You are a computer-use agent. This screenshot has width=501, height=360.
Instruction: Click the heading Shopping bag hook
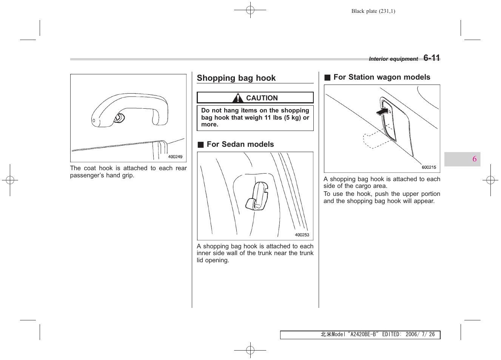pyautogui.click(x=236, y=78)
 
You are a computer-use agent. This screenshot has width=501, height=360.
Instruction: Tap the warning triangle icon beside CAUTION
pyautogui.click(x=237, y=98)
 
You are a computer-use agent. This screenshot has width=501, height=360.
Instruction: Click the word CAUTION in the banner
pyautogui.click(x=262, y=98)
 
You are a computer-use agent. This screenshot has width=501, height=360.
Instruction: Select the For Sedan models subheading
pyautogui.click(x=240, y=145)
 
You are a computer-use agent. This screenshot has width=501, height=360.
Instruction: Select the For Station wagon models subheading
pyautogui.click(x=381, y=77)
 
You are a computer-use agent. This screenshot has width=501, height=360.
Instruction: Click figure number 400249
pyautogui.click(x=175, y=157)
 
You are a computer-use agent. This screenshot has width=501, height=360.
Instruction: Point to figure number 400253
pyautogui.click(x=302, y=235)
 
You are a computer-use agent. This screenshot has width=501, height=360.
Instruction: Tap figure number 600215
pyautogui.click(x=429, y=168)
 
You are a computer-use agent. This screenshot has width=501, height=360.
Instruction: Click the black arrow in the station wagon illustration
pyautogui.click(x=382, y=112)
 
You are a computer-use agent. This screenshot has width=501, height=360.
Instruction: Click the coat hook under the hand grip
pyautogui.click(x=119, y=118)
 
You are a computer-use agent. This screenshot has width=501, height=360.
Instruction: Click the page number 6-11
pyautogui.click(x=432, y=58)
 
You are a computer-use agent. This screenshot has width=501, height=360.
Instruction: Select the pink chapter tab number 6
pyautogui.click(x=474, y=159)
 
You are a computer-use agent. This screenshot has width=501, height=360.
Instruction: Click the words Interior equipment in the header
pyautogui.click(x=393, y=59)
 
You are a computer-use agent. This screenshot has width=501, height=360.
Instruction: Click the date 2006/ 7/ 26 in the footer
pyautogui.click(x=420, y=335)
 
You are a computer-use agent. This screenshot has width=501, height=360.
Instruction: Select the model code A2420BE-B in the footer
pyautogui.click(x=363, y=335)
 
